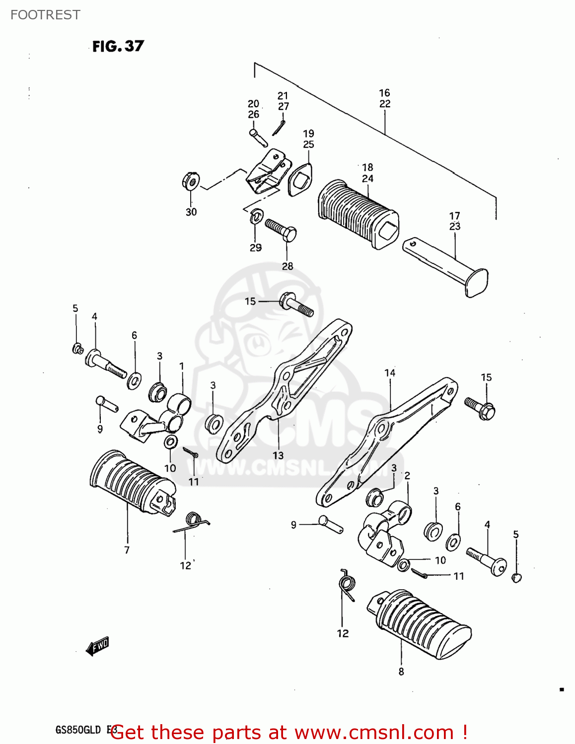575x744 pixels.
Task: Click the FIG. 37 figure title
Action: coord(118,46)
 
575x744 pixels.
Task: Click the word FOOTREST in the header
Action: coord(45,15)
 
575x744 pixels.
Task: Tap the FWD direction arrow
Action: coord(97,646)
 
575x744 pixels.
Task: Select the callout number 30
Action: coord(191,212)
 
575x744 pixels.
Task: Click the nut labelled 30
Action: coord(190,182)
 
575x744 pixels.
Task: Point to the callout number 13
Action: coord(278,455)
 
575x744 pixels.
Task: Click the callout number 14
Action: coord(390,372)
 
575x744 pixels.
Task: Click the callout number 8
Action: coord(401,672)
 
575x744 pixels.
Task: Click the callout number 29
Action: coord(255,248)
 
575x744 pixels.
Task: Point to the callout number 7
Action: coord(127,550)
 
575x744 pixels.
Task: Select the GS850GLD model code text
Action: coord(78,730)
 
